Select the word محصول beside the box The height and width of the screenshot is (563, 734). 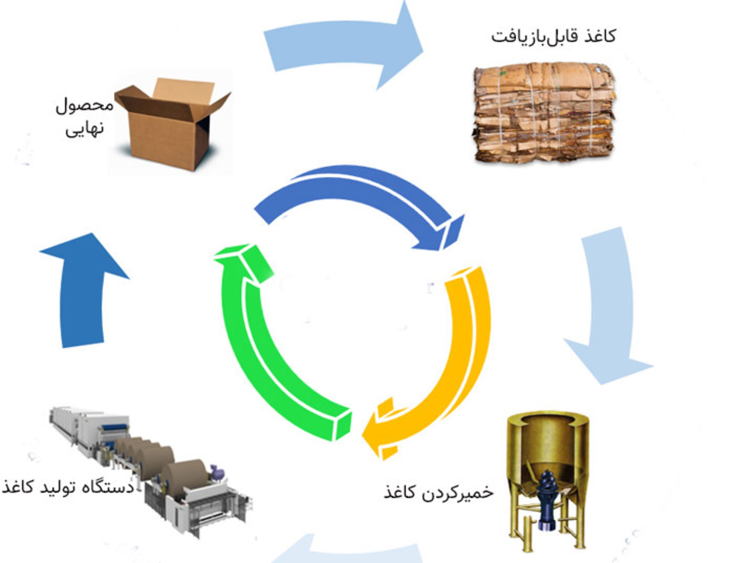click(x=84, y=105)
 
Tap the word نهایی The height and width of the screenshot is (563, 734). click(x=84, y=128)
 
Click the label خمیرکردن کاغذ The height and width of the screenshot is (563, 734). click(x=438, y=492)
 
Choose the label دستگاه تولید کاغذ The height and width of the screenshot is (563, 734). click(x=68, y=487)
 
